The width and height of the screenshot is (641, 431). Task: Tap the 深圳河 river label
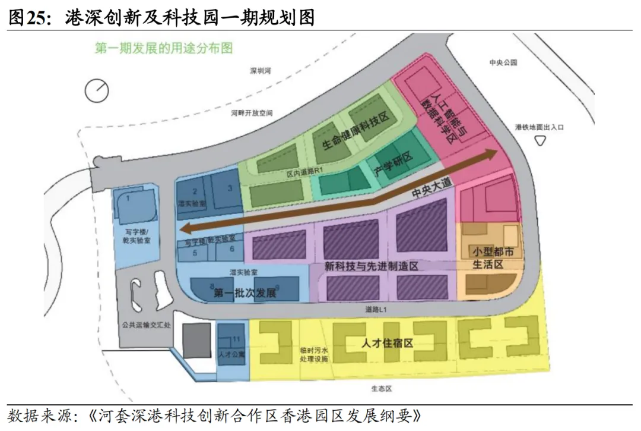(260, 71)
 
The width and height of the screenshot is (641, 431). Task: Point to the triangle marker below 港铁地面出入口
(540, 140)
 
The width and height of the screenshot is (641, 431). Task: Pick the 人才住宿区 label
(387, 343)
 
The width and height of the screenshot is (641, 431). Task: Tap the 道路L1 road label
(376, 310)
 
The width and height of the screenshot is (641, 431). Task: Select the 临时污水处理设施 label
(310, 355)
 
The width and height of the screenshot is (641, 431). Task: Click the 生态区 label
(381, 389)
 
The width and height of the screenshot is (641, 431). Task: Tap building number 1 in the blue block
(128, 198)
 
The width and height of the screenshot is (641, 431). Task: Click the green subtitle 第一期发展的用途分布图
(163, 49)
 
